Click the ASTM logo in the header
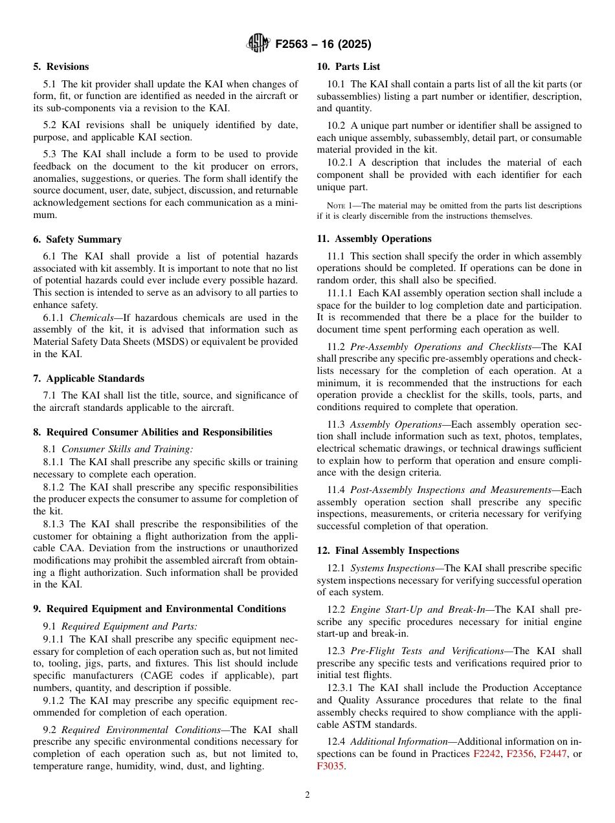(x=258, y=44)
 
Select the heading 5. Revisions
(x=61, y=67)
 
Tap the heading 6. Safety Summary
(x=77, y=239)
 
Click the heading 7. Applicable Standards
(x=89, y=379)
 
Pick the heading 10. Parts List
(x=348, y=67)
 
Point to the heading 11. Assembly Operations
(x=374, y=239)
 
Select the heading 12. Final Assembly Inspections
(x=388, y=551)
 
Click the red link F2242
(x=487, y=754)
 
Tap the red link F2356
(x=520, y=754)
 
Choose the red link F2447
(x=553, y=754)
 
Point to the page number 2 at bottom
(x=307, y=795)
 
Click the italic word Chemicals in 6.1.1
(x=91, y=318)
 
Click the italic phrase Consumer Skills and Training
(x=127, y=449)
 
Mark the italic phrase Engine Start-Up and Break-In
(x=415, y=609)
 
